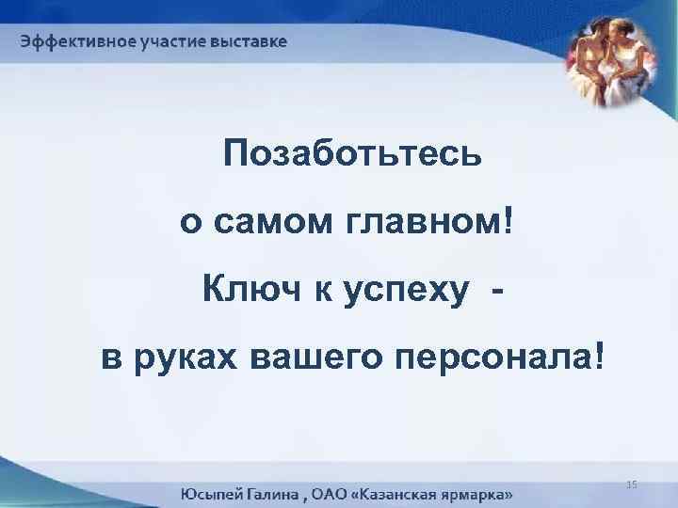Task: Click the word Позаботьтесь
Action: point(352,154)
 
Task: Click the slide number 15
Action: point(632,484)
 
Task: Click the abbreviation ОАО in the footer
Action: point(337,493)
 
